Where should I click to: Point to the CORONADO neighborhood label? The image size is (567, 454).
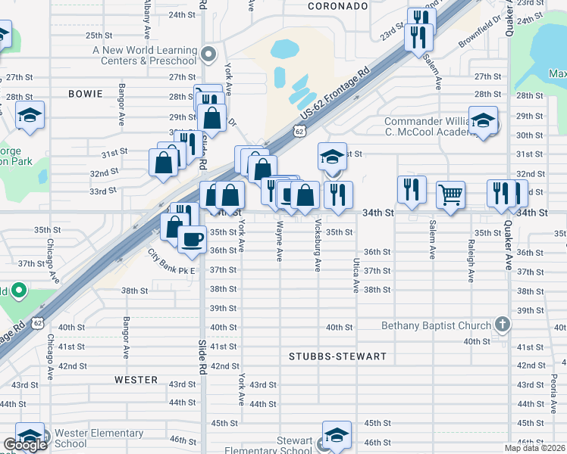pyautogui.click(x=338, y=6)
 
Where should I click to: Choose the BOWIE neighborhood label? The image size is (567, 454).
pyautogui.click(x=85, y=94)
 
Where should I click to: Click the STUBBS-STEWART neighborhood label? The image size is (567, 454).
pyautogui.click(x=337, y=356)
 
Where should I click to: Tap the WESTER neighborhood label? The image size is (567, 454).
pyautogui.click(x=136, y=380)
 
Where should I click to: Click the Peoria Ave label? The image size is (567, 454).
pyautogui.click(x=550, y=390)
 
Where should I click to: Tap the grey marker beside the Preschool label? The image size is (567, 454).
pyautogui.click(x=209, y=54)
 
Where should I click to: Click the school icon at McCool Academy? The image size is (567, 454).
pyautogui.click(x=482, y=120)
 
